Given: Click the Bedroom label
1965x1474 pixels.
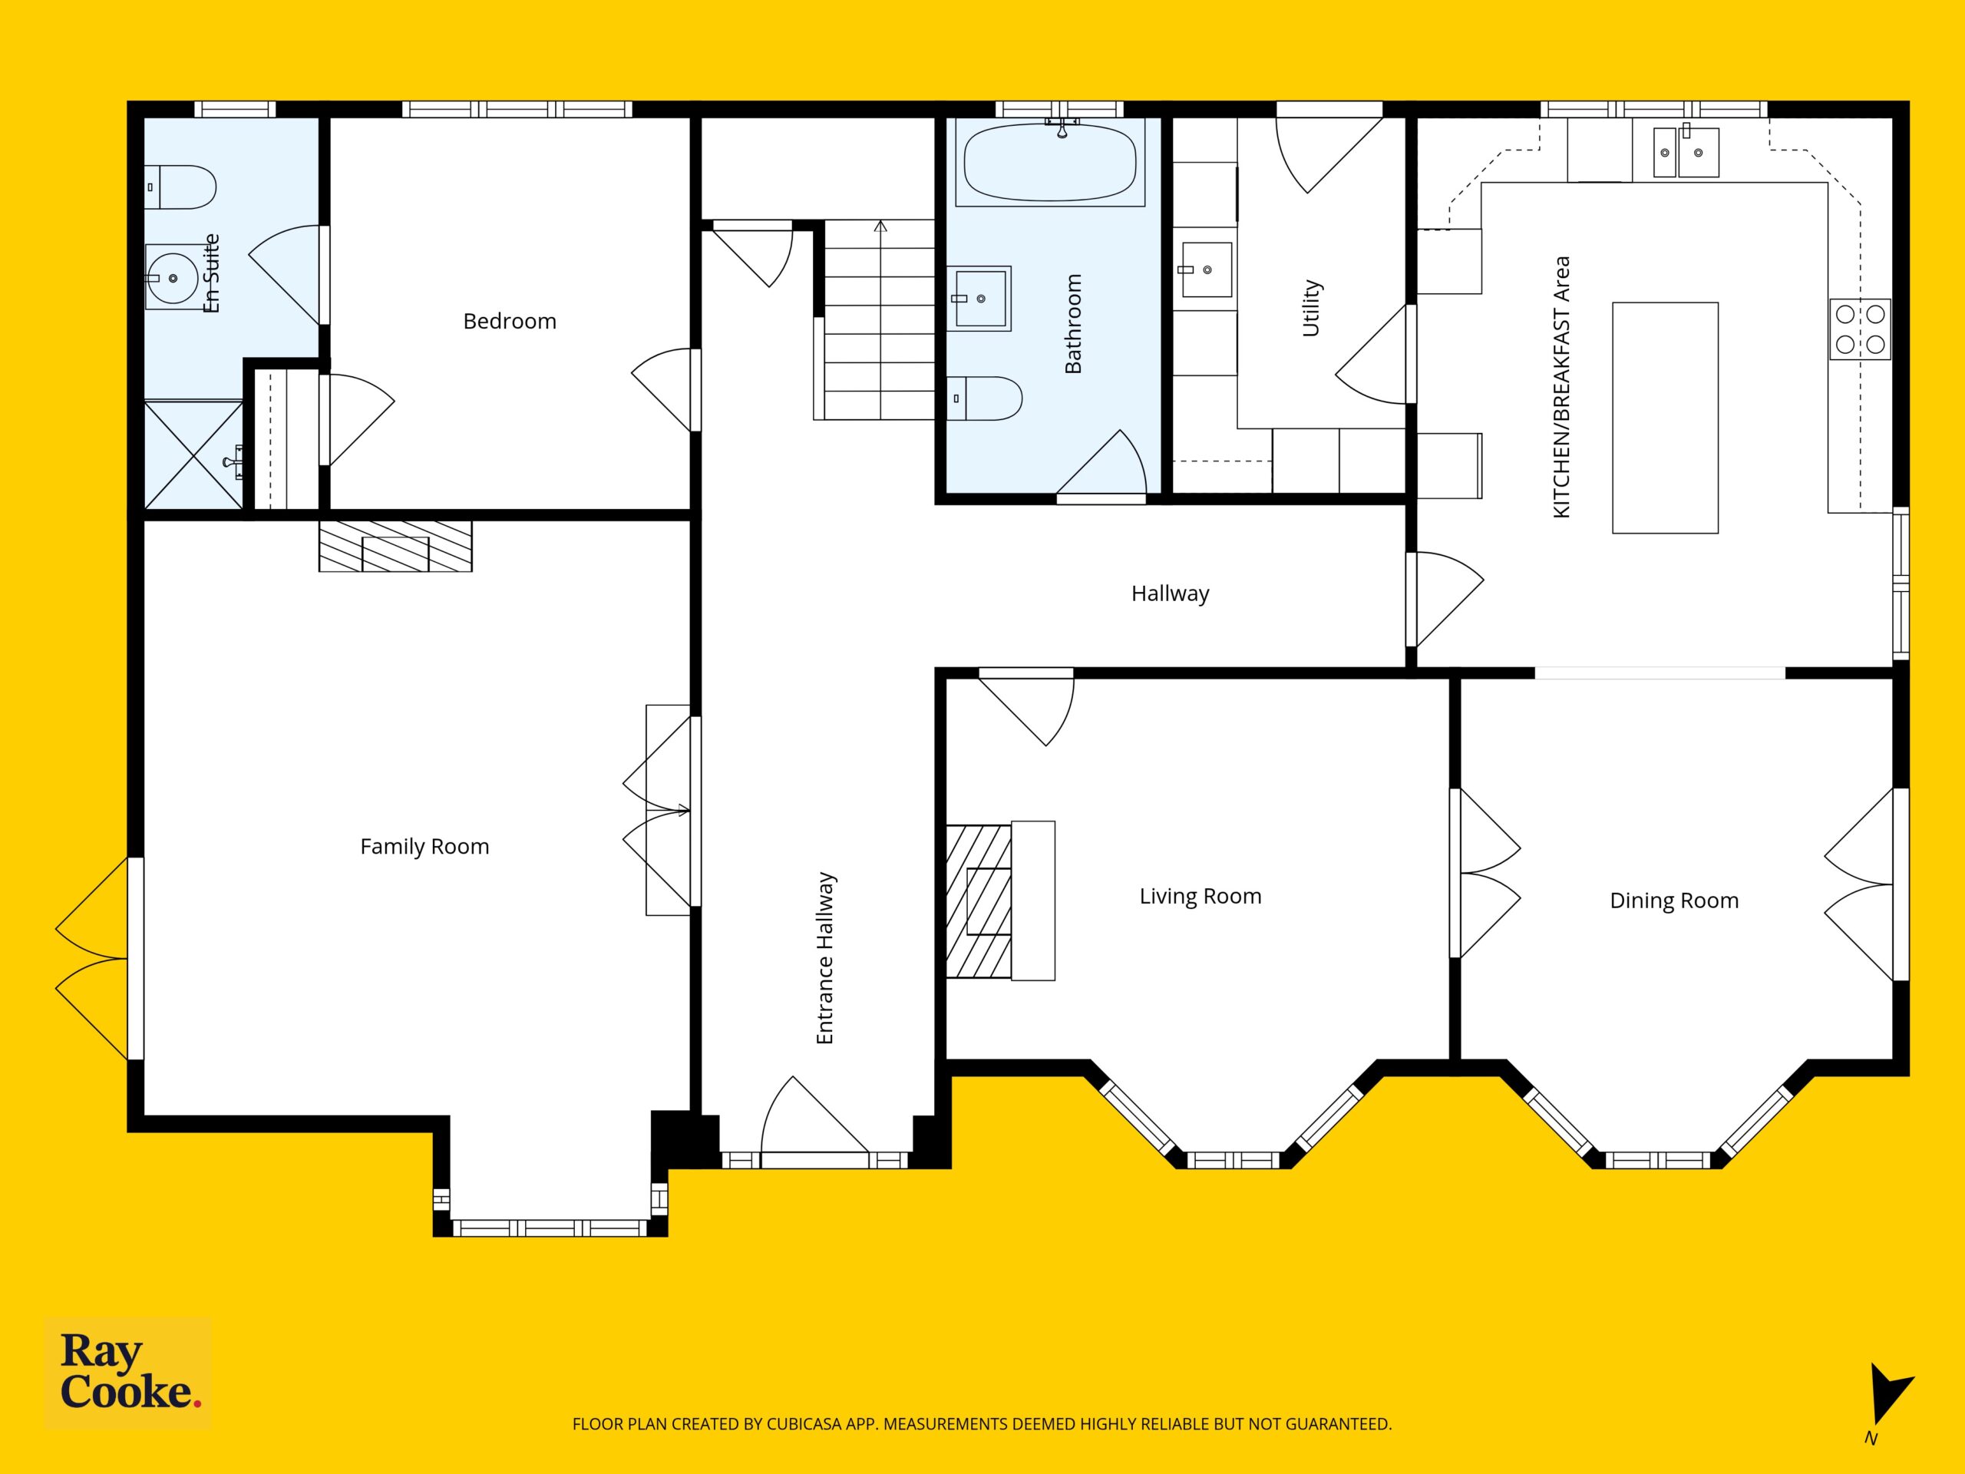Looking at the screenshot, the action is pos(510,322).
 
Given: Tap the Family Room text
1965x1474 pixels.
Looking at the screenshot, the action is pos(424,847).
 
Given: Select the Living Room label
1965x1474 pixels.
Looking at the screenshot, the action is pos(1200,897).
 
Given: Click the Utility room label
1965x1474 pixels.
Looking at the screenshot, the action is pos(1311,309).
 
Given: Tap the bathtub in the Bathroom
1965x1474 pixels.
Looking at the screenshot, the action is pos(1050,162).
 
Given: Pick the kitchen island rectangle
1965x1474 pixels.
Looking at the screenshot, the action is pos(1665,418).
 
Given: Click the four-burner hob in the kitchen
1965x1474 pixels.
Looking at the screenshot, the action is pos(1860,329).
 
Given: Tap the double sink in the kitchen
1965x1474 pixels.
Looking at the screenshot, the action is pos(1685,152).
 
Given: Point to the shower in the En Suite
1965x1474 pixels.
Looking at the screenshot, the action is pos(193,455).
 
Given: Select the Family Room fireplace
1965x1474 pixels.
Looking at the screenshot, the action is pos(395,546).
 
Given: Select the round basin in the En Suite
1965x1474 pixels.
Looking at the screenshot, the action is pos(173,278).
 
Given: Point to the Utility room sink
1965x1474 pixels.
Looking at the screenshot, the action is pos(1205,269).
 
